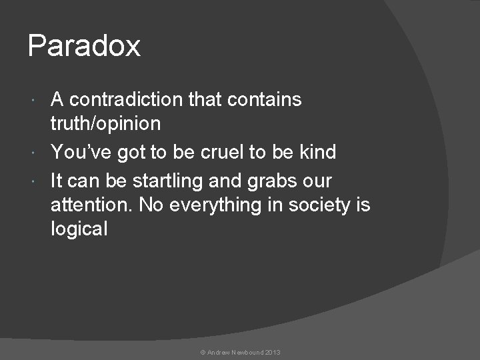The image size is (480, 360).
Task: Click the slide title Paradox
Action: coord(84,46)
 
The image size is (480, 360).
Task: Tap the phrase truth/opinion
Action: coord(105,124)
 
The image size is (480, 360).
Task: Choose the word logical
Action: coord(79,229)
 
